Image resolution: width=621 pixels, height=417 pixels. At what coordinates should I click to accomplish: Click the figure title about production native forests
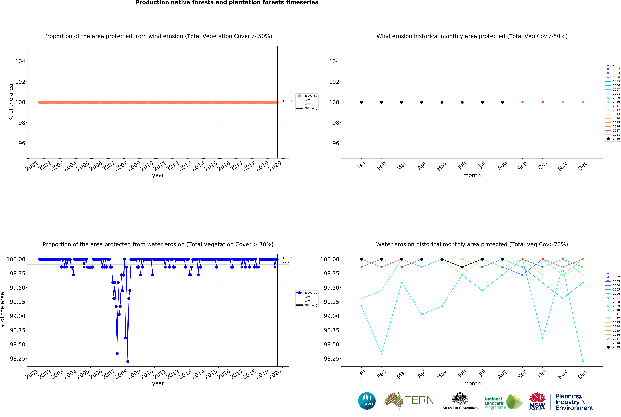pyautogui.click(x=227, y=3)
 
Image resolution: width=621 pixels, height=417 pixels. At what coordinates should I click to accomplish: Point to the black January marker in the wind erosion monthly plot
pyautogui.click(x=361, y=102)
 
